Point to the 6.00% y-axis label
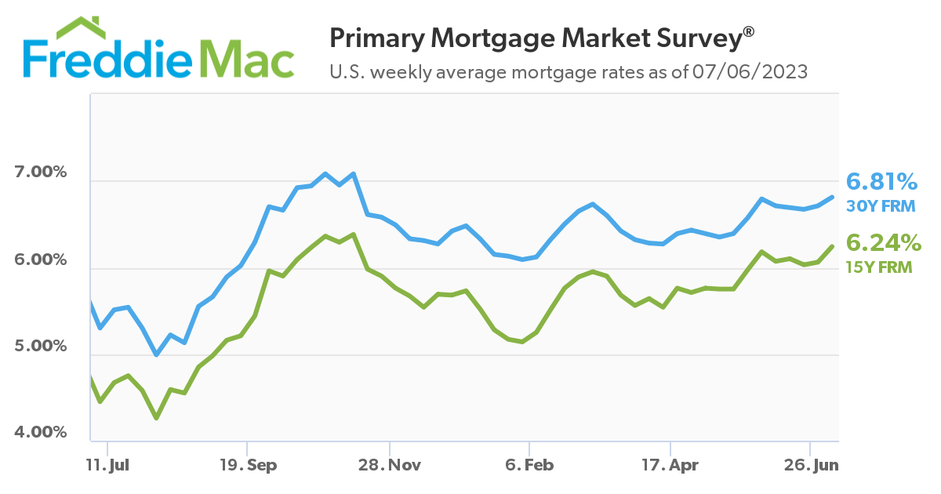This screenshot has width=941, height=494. pyautogui.click(x=42, y=259)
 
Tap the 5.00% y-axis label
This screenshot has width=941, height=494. pyautogui.click(x=42, y=346)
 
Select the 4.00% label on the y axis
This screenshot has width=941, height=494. pyautogui.click(x=42, y=433)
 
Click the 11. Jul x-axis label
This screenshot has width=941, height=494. pyautogui.click(x=107, y=465)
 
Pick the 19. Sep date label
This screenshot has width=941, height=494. pyautogui.click(x=248, y=465)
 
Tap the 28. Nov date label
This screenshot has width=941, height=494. pyautogui.click(x=389, y=465)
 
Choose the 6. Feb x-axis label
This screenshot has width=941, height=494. pyautogui.click(x=529, y=465)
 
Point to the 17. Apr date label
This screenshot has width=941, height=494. pyautogui.click(x=670, y=465)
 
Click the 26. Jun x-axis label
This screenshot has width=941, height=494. pyautogui.click(x=812, y=465)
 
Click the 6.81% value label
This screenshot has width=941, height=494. pyautogui.click(x=881, y=183)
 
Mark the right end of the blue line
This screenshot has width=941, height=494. pyautogui.click(x=832, y=197)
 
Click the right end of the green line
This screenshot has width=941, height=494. pyautogui.click(x=832, y=246)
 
